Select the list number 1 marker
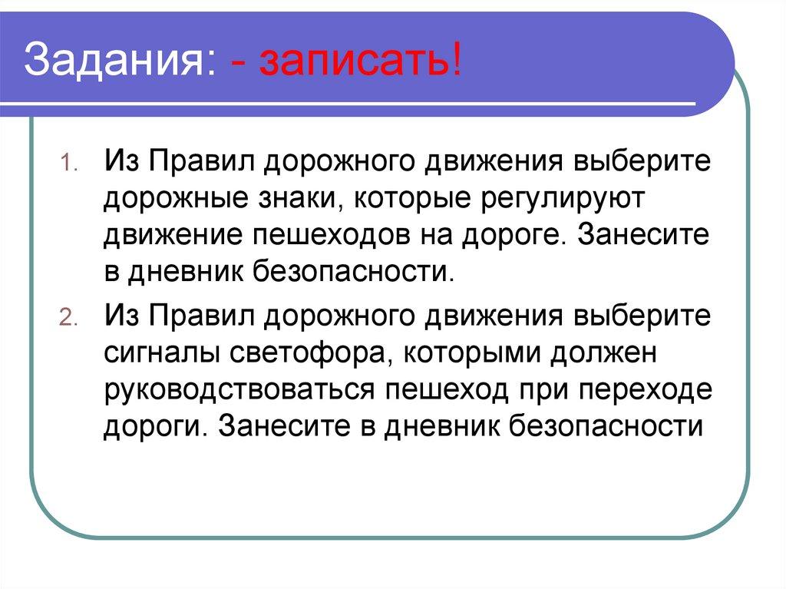tap(67, 164)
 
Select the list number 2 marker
tap(66, 318)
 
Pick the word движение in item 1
tap(173, 236)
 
